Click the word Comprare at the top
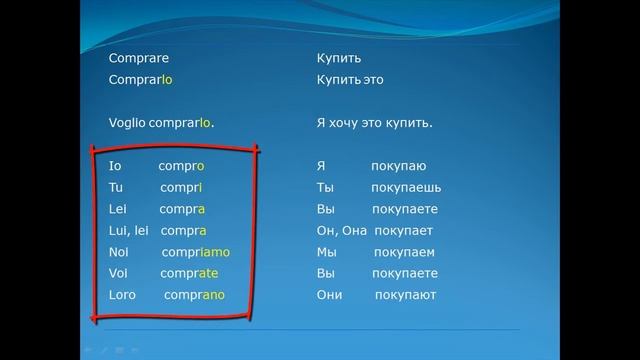coord(136,58)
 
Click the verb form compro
coord(181,166)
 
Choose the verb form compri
coord(180,188)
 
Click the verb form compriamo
coord(195,252)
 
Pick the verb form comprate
coord(190,273)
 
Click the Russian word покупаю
coord(398,166)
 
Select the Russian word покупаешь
coord(405,188)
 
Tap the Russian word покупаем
coord(401,252)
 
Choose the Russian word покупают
coord(406,295)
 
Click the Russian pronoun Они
coord(329,295)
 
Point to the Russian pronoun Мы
coord(326,252)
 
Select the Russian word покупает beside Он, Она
coord(407,231)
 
